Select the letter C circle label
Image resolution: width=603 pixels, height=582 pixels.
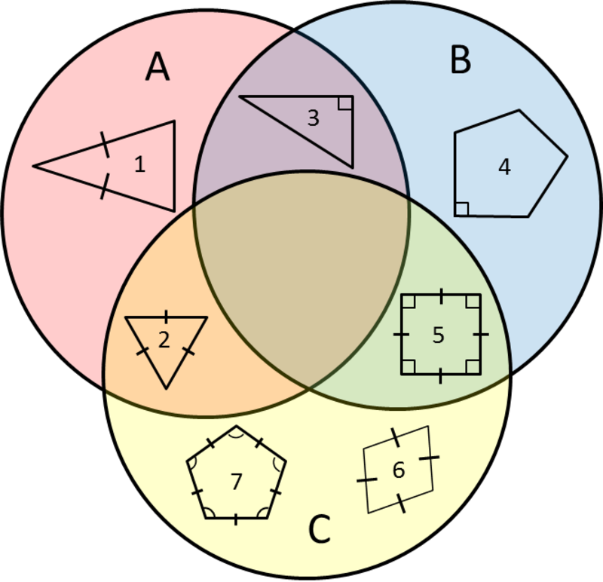click(320, 531)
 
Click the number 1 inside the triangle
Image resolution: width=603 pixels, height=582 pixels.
click(139, 164)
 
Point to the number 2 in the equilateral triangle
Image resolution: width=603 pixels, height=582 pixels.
click(164, 340)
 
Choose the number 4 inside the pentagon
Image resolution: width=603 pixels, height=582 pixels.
click(504, 167)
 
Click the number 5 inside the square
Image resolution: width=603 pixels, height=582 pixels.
click(439, 335)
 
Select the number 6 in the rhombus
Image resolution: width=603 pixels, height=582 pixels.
click(399, 470)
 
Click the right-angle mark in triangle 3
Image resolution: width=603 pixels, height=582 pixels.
click(345, 103)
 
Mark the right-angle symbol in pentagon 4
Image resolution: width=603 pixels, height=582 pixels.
click(462, 208)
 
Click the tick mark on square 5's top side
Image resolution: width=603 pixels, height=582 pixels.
click(441, 295)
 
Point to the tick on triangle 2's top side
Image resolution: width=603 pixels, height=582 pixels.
click(166, 317)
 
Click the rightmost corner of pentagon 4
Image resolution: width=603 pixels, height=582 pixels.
click(566, 158)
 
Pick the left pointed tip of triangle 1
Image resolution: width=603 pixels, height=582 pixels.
click(34, 166)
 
